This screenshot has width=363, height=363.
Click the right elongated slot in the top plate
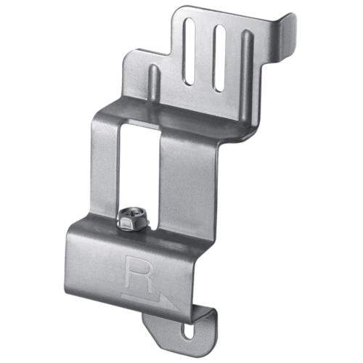219,59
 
